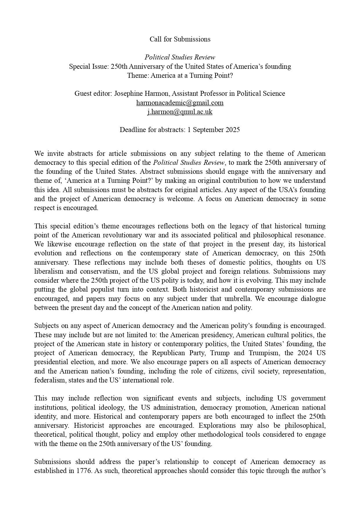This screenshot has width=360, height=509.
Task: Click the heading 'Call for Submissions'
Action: (180, 39)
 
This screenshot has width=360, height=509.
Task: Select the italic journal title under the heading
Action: (180, 57)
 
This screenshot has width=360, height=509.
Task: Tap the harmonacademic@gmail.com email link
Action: (180, 103)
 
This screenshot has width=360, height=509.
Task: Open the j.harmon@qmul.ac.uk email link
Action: (180, 112)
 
